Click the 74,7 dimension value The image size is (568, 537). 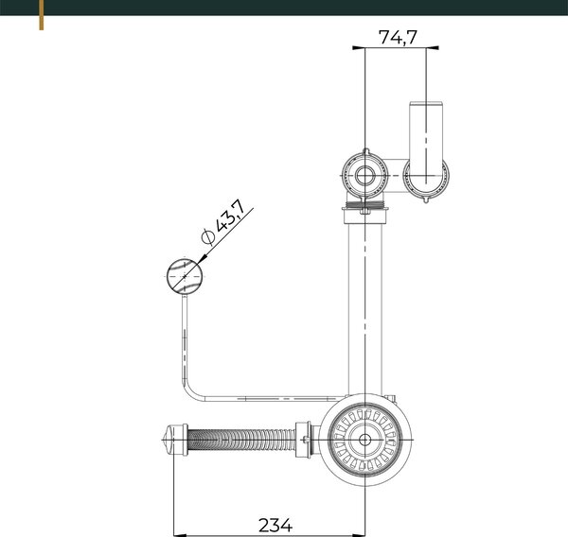click(398, 37)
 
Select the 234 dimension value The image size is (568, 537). click(275, 525)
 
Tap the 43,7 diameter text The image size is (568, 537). click(230, 216)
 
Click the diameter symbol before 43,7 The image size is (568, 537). click(208, 236)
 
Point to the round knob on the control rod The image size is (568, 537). click(185, 277)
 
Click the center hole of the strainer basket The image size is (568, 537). click(364, 440)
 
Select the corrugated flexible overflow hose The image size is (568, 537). click(241, 440)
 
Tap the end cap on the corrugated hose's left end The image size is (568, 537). click(175, 440)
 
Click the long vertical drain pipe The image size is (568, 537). click(364, 307)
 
